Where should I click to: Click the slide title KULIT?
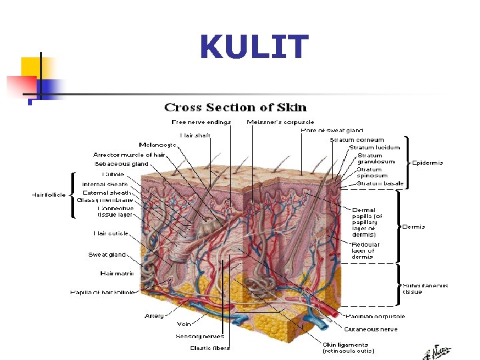(x=254, y=48)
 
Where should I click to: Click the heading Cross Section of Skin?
(x=235, y=107)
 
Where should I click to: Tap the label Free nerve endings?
(x=201, y=122)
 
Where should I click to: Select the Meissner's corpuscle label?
(x=280, y=122)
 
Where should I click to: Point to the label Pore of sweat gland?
(x=331, y=130)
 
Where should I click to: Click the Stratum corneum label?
(x=357, y=139)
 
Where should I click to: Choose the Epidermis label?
(x=427, y=163)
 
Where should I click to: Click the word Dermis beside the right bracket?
(x=413, y=227)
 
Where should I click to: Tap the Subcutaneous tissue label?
(x=425, y=289)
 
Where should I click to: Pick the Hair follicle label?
(x=49, y=195)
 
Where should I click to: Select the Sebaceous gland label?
(x=121, y=163)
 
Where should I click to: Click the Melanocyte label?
(x=158, y=145)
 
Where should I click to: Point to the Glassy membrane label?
(x=105, y=200)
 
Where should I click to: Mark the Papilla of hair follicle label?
(x=102, y=292)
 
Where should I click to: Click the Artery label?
(x=154, y=315)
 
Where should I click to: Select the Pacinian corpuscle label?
(x=375, y=316)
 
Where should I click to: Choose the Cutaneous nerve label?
(x=371, y=329)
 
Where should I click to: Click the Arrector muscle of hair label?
(x=129, y=155)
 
